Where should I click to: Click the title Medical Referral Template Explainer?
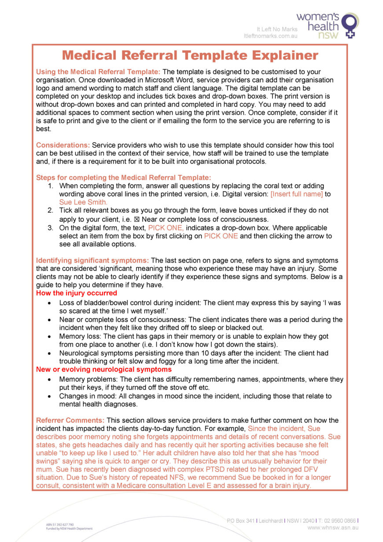pos(190,56)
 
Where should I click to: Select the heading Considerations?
pos(63,145)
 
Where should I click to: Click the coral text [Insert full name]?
pos(296,194)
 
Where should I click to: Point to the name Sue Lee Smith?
pos(83,202)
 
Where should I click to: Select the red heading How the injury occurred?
pos(77,293)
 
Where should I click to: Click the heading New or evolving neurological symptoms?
pos(104,369)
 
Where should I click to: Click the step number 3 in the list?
pos(51,228)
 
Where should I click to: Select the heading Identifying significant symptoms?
pos(92,260)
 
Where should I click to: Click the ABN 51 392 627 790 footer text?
pos(60,525)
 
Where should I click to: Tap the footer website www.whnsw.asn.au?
pos(332,527)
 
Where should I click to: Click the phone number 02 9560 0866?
pos(339,520)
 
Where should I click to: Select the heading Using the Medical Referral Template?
pos(99,72)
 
